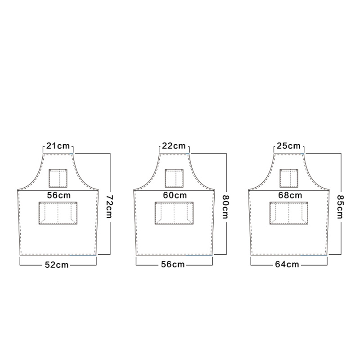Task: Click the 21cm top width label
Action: tap(58, 146)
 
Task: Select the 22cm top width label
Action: tap(174, 146)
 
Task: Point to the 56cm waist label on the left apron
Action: tap(58, 195)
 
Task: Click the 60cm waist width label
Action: tap(174, 195)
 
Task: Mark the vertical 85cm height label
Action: tap(341, 205)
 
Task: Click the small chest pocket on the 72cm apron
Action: tap(58, 178)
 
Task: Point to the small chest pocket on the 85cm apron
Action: tap(289, 178)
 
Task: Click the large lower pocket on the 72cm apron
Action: tap(58, 213)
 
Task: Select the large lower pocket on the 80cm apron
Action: tap(174, 213)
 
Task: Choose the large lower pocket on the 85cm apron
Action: tap(289, 213)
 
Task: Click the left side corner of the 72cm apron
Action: tap(18, 189)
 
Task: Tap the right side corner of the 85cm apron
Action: tap(329, 189)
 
